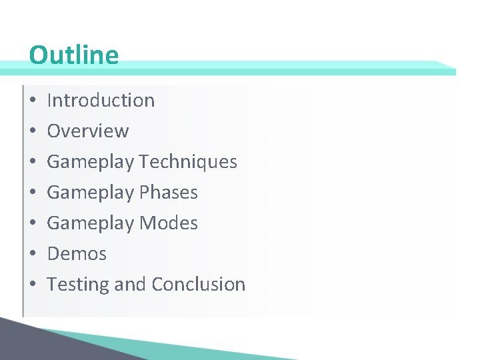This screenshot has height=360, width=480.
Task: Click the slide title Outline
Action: (73, 55)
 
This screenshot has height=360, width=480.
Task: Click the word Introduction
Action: (101, 100)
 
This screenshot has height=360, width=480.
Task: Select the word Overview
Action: (87, 131)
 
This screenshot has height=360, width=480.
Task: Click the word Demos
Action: (77, 253)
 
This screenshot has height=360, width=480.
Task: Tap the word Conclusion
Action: (198, 284)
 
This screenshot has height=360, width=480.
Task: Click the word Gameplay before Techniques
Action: (90, 162)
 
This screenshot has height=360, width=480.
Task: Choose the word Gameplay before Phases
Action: (90, 193)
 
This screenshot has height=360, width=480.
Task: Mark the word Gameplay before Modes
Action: (90, 223)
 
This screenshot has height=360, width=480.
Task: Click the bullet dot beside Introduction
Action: (33, 101)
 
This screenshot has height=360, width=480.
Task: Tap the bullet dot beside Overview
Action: (33, 131)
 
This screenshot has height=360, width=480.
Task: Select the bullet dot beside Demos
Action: (33, 254)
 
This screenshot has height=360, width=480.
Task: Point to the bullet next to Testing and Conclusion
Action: (33, 285)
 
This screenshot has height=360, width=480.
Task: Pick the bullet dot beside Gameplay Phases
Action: (33, 193)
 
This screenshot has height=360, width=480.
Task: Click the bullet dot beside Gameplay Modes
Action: (33, 223)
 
